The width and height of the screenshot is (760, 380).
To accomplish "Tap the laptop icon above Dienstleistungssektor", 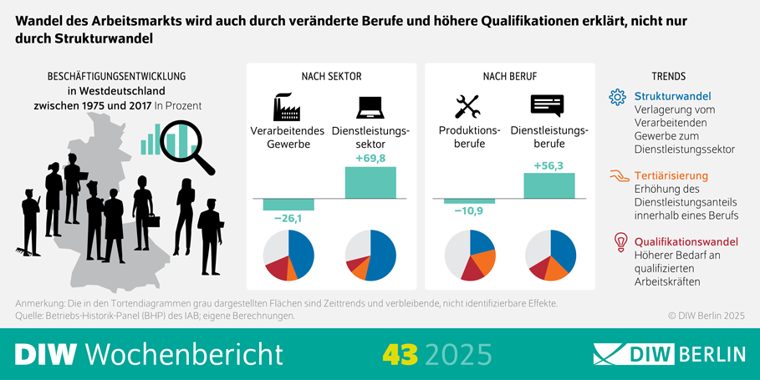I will pos(370,107).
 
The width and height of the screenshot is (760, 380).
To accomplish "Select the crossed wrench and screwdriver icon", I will pos(467,107).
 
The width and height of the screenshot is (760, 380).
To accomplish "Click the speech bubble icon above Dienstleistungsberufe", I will pos(548,106).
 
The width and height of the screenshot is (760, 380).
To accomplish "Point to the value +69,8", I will pos(370,159).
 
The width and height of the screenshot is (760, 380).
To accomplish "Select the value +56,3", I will pos(548,165).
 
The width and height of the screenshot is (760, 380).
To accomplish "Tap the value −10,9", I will pos(468,212).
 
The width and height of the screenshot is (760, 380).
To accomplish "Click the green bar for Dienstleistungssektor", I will pos(370,182).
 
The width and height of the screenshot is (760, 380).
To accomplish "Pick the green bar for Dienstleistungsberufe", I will pos(549,185).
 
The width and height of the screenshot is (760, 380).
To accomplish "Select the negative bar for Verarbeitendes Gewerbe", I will pos(288,205).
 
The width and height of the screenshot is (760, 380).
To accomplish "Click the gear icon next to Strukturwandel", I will pos(618,98).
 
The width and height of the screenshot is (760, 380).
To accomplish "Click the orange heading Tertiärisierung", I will pos(671,176).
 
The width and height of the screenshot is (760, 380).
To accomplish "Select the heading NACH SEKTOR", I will pos(331,76).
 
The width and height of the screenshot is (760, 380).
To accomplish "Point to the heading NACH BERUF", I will pos(509,76).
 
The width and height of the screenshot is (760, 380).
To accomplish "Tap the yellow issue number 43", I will pos(400,354).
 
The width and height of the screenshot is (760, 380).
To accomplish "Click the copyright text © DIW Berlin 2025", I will pos(705,316).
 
